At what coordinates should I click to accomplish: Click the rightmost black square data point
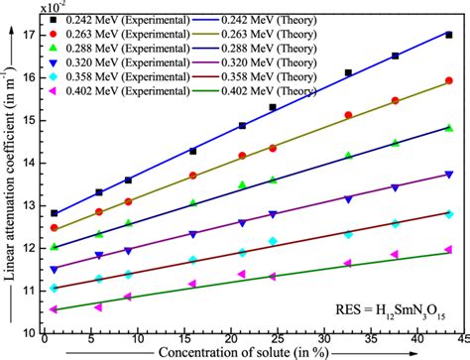point(449,35)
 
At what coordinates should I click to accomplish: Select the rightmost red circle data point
point(449,81)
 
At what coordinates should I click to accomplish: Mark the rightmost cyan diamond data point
point(449,214)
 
